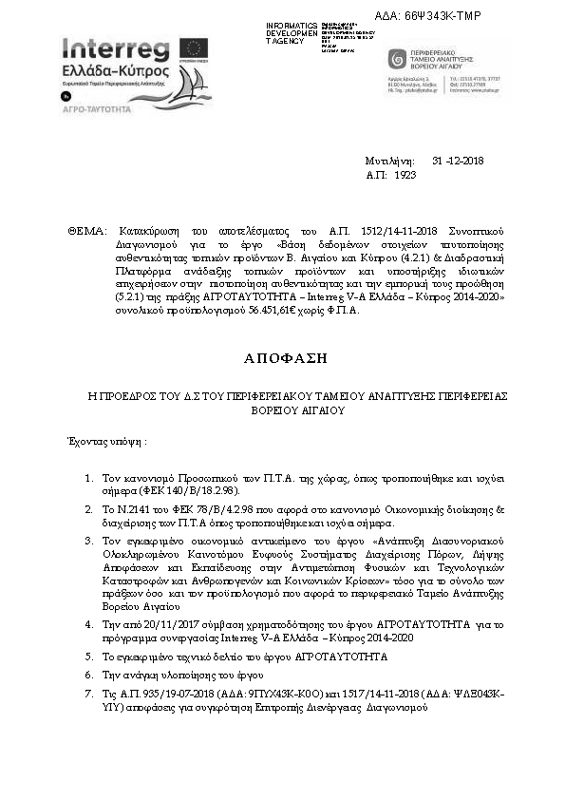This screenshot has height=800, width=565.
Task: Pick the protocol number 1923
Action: pos(405,177)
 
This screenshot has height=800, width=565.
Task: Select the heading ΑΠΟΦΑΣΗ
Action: pos(284,358)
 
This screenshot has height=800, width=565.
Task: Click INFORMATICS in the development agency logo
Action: pos(292,26)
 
